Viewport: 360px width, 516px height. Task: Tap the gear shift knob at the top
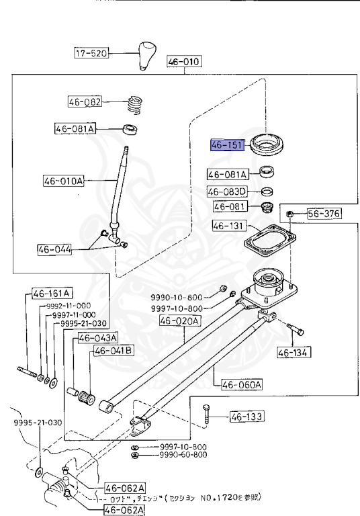(x=147, y=56)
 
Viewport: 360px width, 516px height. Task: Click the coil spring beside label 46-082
(x=136, y=105)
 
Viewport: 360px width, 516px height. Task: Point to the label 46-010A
(x=64, y=181)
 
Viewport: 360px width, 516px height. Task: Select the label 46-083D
(x=228, y=191)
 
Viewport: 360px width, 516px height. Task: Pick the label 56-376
(x=324, y=214)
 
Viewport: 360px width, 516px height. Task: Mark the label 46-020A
(x=179, y=321)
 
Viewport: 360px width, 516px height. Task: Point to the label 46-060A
(x=238, y=384)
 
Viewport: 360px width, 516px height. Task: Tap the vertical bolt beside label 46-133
(x=206, y=418)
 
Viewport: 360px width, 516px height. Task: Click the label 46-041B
(x=114, y=350)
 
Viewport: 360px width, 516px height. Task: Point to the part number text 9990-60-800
(x=183, y=455)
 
